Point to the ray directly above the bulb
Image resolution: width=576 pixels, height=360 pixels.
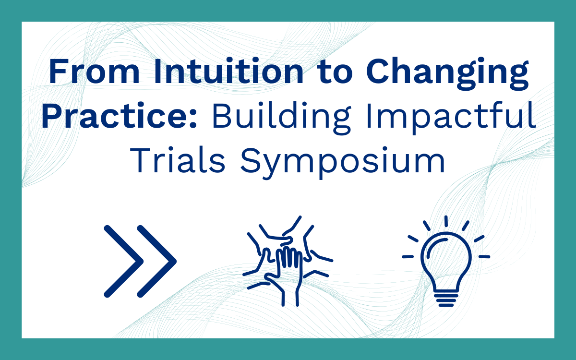coord(446,221)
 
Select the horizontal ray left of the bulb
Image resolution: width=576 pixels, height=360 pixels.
coord(408,257)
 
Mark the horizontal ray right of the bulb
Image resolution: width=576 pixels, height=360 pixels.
coord(484,257)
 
